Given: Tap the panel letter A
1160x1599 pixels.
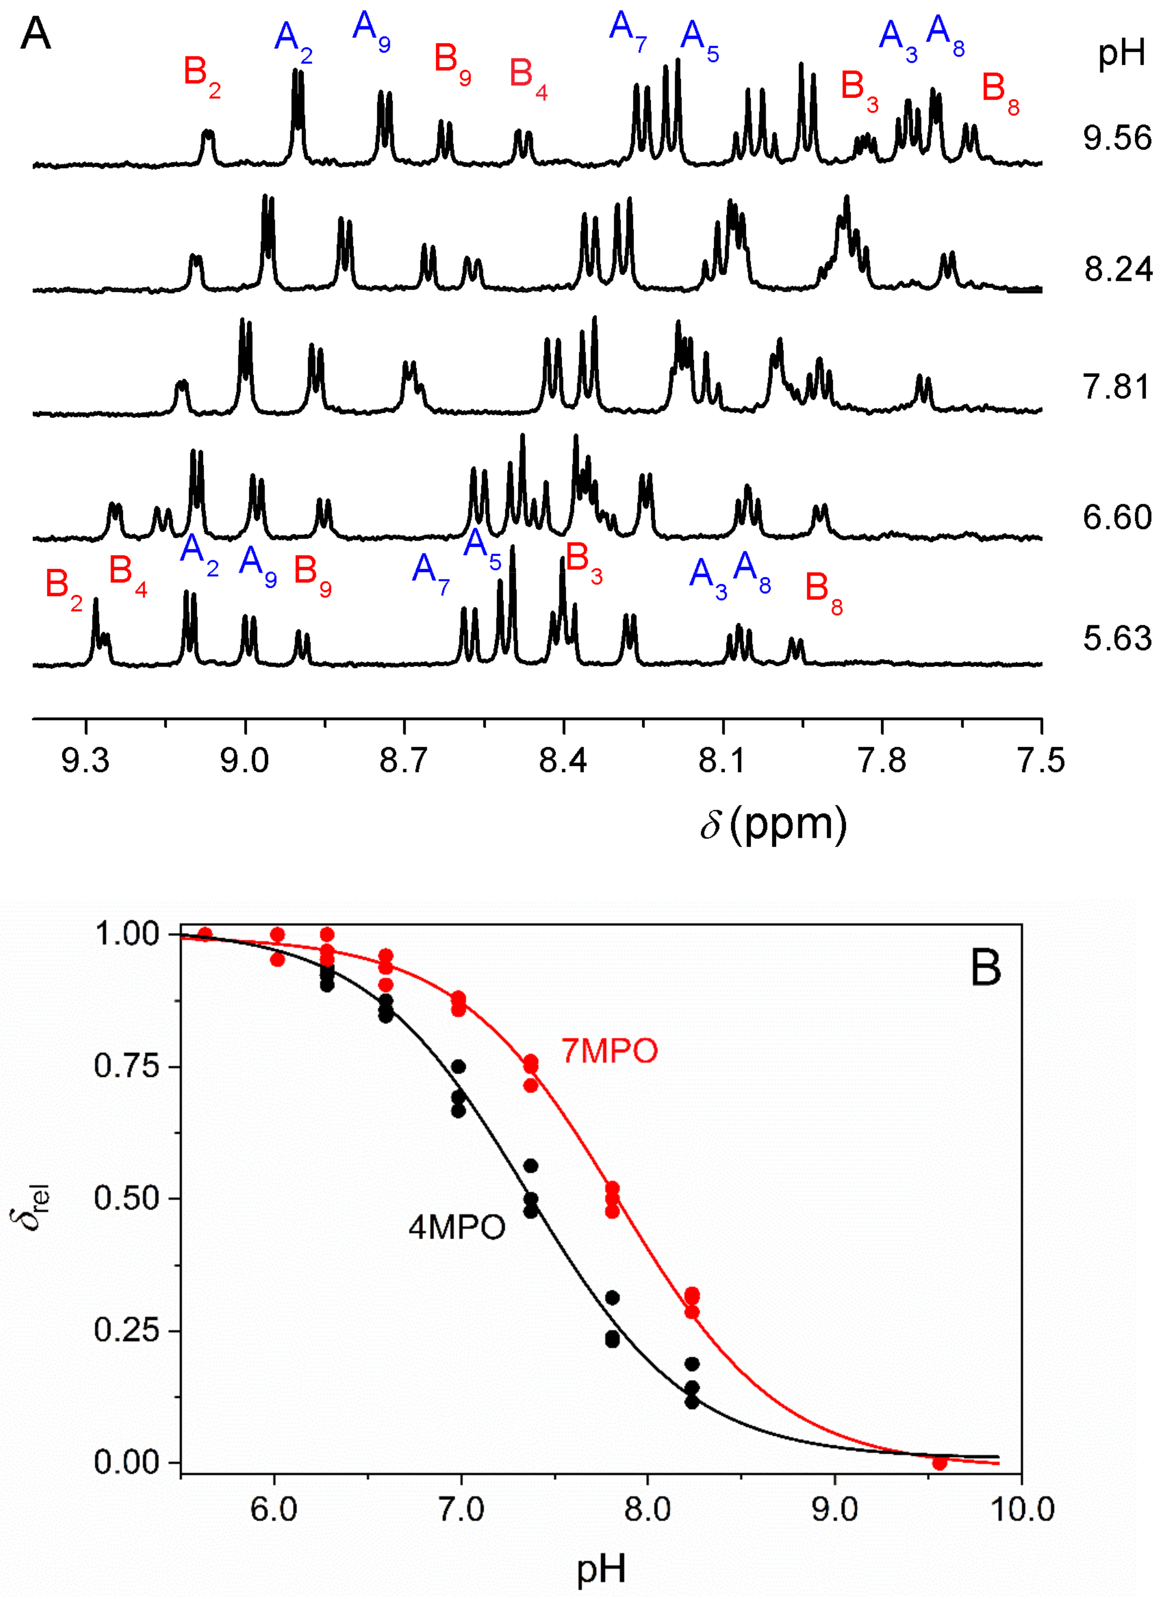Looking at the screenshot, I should [35, 34].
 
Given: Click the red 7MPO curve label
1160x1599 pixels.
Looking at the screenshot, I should [609, 1051].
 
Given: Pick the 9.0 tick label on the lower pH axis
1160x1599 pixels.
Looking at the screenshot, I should [835, 1510].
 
